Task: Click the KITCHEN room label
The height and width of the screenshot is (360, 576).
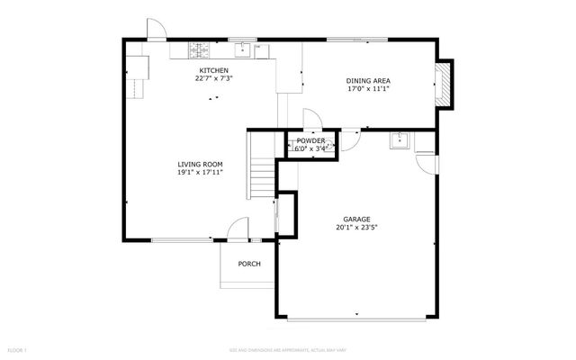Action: [214, 70]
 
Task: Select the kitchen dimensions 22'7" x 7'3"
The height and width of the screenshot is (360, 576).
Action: [214, 78]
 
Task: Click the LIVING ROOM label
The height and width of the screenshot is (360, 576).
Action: [200, 164]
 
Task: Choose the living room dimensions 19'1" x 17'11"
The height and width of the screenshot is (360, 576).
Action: [200, 172]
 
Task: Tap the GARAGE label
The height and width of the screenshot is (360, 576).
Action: [355, 219]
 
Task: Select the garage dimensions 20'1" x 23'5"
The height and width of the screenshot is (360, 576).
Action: [355, 227]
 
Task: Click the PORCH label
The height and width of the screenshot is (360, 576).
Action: [249, 264]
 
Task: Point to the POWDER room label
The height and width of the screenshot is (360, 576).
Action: [310, 141]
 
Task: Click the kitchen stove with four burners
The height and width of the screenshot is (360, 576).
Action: [197, 49]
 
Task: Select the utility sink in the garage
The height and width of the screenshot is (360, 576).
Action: [400, 140]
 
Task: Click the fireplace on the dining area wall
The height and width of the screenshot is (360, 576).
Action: [445, 84]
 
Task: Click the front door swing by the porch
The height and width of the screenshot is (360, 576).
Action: [238, 230]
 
